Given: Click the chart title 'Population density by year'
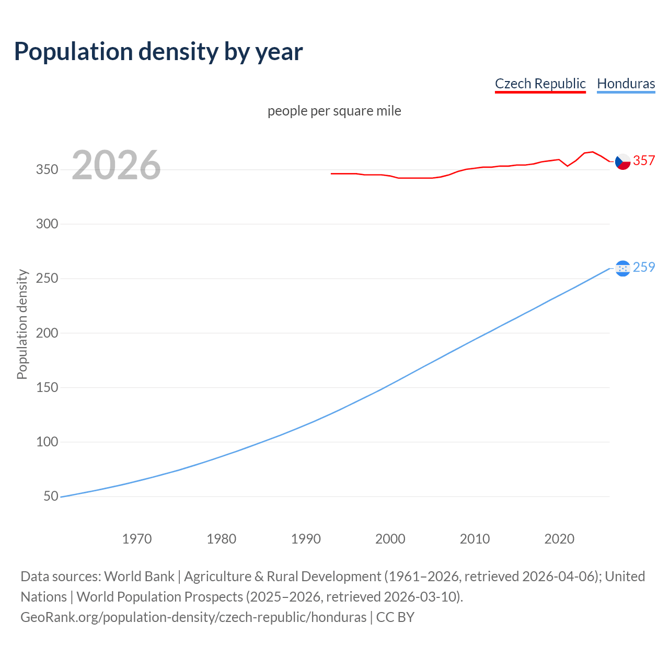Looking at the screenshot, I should point(158,52).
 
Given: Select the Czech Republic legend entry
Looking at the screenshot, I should point(540,84).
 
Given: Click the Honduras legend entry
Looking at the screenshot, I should point(626,84).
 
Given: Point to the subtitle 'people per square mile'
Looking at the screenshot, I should point(334,111).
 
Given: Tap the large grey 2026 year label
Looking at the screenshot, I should point(116,165).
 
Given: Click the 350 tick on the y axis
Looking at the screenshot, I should point(47,169).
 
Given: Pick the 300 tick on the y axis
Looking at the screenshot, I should point(47,224).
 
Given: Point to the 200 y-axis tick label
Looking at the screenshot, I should point(47,333).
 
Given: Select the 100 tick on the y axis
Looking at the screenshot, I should point(47,442).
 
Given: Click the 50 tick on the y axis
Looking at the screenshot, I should point(51,496).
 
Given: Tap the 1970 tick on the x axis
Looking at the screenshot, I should point(137,539).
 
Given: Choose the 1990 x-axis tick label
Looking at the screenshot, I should point(306,539).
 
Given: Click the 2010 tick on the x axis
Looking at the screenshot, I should point(475,539).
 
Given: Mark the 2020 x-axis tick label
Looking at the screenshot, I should point(559,539).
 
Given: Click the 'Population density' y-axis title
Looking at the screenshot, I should point(22,324).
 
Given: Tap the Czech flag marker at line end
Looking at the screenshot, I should point(622,162).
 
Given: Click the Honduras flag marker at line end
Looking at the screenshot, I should point(622,268).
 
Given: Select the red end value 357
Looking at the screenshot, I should point(644,160).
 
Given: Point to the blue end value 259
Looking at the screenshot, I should point(644,267).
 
